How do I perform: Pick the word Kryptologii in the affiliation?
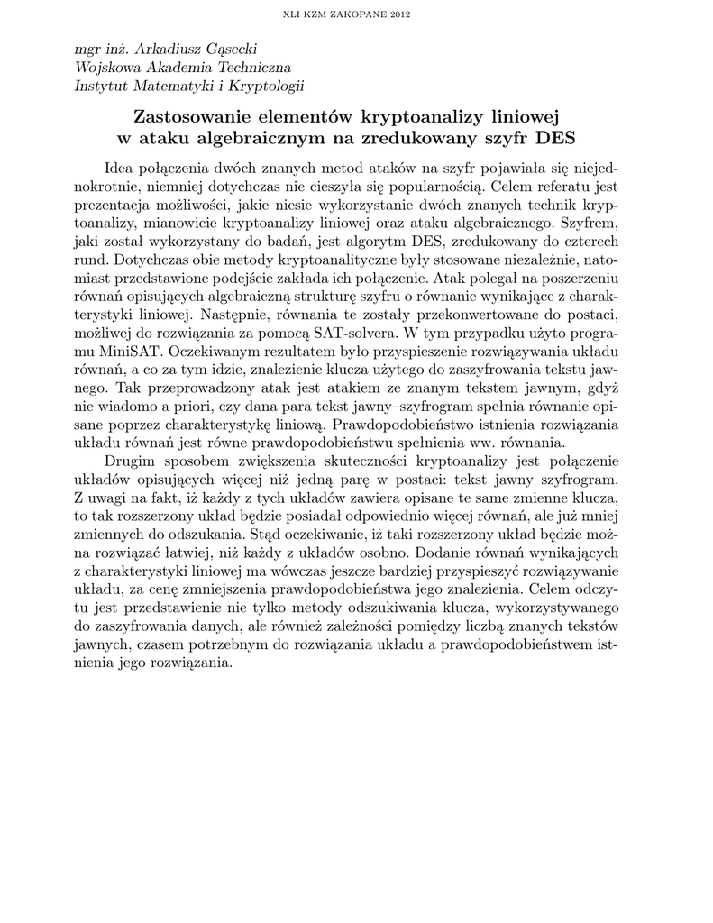pos(266,87)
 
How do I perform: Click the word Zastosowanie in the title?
pos(187,117)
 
